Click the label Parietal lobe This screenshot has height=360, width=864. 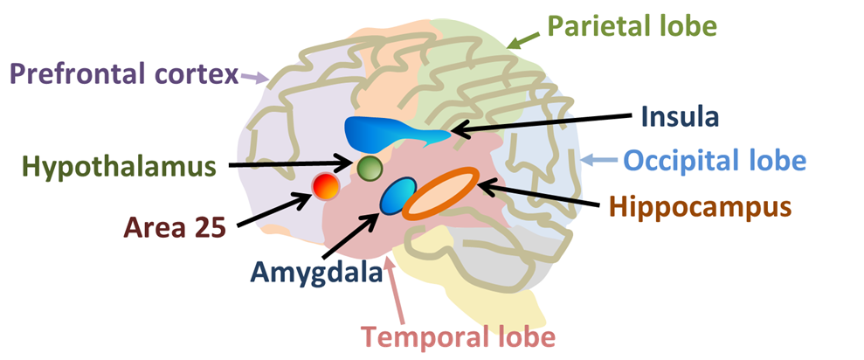[632, 24]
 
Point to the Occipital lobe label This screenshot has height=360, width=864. [714, 160]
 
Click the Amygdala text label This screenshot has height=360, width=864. [315, 272]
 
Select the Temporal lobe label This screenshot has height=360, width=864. [458, 336]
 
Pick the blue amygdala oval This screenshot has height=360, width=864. [397, 196]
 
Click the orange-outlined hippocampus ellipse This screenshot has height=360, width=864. [441, 192]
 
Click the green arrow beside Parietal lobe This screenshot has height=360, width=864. [525, 38]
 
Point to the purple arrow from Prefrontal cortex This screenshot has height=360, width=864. [254, 78]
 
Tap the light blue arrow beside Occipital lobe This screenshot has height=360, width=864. [598, 160]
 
